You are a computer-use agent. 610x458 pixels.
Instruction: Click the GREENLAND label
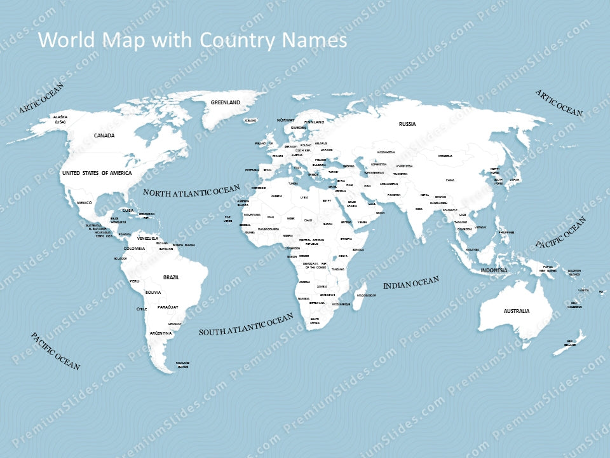tap(226, 102)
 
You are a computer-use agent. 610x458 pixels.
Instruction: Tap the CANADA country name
tap(104, 135)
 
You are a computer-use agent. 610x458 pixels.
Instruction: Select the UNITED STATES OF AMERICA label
tap(97, 173)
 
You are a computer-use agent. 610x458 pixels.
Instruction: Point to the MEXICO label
tap(85, 203)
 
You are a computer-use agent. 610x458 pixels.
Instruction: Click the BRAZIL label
tap(172, 277)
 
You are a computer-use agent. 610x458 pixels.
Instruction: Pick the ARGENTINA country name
tap(160, 333)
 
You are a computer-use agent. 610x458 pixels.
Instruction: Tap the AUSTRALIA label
tap(517, 311)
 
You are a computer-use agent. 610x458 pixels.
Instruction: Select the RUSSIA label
tap(407, 124)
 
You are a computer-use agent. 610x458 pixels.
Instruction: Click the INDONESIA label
tap(494, 270)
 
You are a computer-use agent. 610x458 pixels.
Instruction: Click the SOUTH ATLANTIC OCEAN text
tap(246, 324)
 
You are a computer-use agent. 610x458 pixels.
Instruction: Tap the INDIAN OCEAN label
tap(411, 284)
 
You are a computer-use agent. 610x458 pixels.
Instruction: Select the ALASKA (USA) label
tap(60, 119)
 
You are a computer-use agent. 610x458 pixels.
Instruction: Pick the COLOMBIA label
tap(134, 248)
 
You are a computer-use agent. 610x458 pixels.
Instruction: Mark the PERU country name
tap(134, 281)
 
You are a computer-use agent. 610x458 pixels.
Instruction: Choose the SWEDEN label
tap(298, 128)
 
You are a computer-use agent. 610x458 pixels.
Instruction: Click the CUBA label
tap(128, 210)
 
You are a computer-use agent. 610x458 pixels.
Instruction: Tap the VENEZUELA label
tap(148, 239)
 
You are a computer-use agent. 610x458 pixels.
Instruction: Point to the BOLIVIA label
tap(153, 293)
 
